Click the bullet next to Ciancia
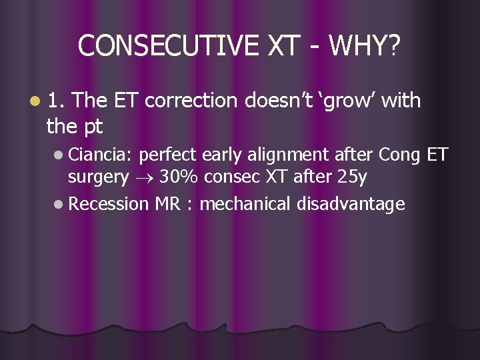click(60, 155)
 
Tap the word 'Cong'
click(398, 156)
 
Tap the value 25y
click(352, 177)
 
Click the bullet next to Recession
click(60, 203)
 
